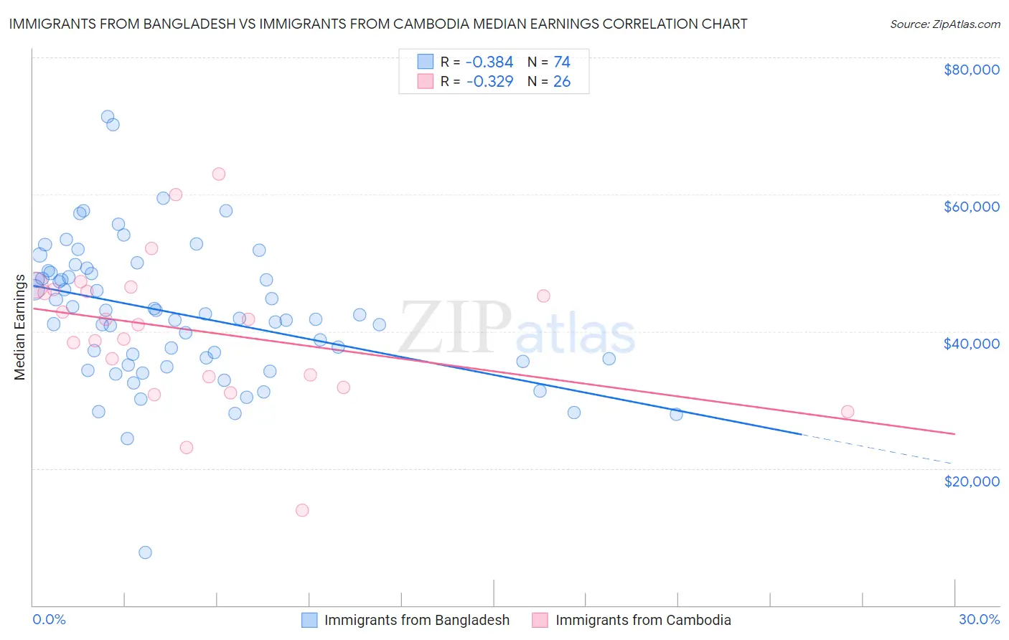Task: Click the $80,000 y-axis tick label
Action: [971, 70]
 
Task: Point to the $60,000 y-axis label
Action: [971, 207]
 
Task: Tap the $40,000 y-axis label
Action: [971, 344]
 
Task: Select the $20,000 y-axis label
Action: [971, 481]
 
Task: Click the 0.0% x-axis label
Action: [49, 619]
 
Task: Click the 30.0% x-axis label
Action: [979, 619]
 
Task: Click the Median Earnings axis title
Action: [19, 327]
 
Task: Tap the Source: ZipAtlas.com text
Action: [944, 24]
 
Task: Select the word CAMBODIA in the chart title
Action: [507, 24]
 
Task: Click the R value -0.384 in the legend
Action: [489, 62]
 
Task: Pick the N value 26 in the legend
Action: [562, 82]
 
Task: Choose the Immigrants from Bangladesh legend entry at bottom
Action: [416, 620]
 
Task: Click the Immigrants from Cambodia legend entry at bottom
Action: [643, 620]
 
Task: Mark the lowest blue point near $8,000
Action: [145, 552]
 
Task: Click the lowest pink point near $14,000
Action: [302, 510]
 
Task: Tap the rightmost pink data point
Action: [848, 412]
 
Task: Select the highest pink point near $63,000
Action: [219, 174]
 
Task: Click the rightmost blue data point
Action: [676, 414]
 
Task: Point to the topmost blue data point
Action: [108, 116]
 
